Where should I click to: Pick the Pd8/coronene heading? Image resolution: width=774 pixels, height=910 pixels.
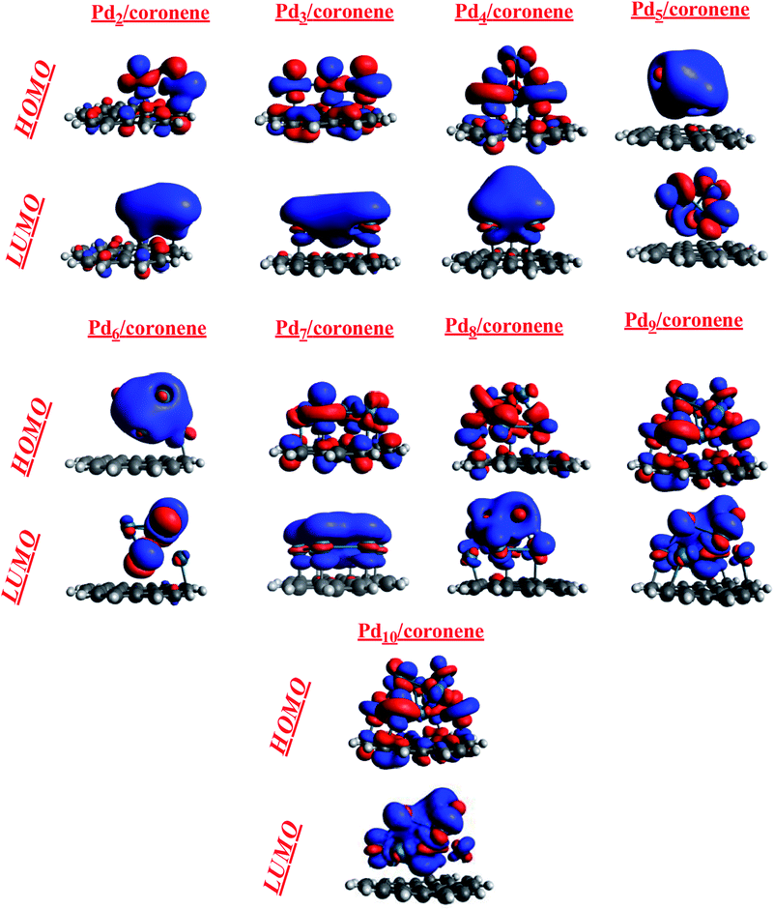click(x=503, y=326)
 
